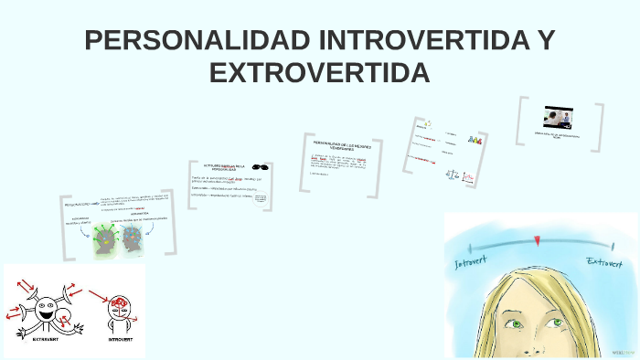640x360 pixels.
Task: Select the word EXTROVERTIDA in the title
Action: (319, 71)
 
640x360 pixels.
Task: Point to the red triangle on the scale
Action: (538, 241)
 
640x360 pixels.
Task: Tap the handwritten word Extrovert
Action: (607, 263)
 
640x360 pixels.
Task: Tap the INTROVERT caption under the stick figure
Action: (122, 338)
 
